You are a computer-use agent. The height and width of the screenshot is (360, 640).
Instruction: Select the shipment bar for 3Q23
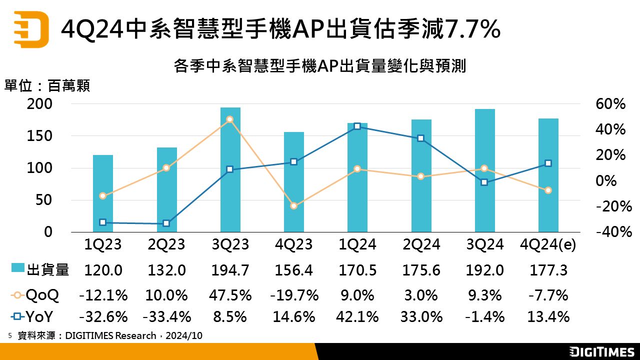click(x=230, y=169)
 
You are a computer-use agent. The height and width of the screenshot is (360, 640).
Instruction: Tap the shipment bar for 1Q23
click(x=103, y=193)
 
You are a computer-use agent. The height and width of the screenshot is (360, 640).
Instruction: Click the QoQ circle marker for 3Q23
click(x=229, y=119)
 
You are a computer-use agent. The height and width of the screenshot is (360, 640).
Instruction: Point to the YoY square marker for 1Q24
click(x=357, y=126)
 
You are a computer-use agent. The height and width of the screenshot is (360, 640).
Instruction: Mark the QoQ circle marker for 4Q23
click(x=294, y=206)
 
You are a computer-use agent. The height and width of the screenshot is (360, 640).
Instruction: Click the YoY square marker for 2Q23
click(x=166, y=223)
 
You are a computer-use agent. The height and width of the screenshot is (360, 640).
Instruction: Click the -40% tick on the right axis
click(x=610, y=232)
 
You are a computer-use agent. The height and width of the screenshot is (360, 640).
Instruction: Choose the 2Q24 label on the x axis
click(x=421, y=244)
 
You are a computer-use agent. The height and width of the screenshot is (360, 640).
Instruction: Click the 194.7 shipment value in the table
click(x=230, y=270)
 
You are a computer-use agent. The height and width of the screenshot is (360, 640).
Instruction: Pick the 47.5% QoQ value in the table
click(x=230, y=295)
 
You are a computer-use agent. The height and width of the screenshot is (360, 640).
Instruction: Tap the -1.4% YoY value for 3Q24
click(x=485, y=316)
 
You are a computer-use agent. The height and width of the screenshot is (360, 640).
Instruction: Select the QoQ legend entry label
click(x=42, y=295)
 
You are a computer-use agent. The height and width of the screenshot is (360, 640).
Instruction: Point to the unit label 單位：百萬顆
click(x=47, y=86)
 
